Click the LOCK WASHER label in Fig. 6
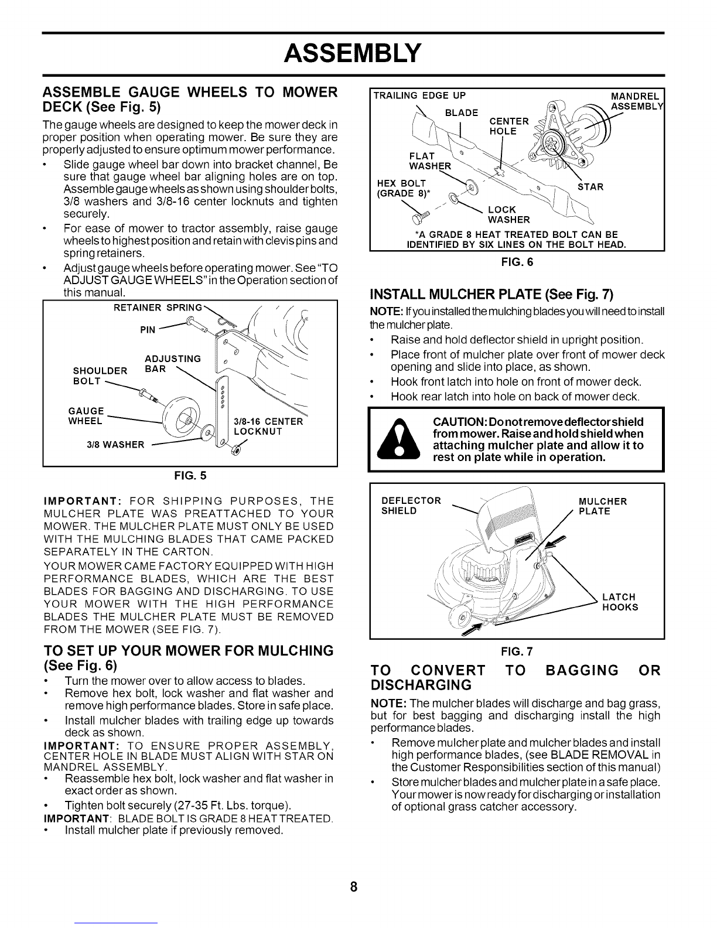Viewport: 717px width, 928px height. pyautogui.click(x=508, y=215)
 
